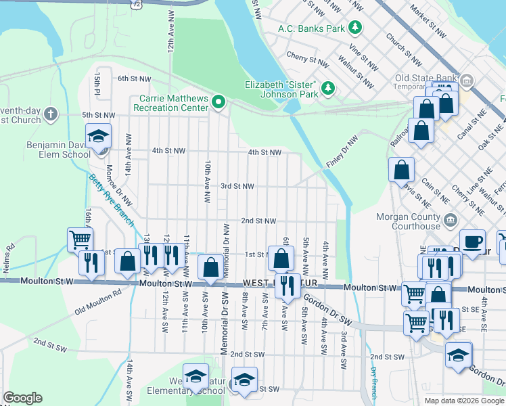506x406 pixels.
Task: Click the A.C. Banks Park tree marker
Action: tap(354, 28)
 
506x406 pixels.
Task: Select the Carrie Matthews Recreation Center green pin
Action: tap(218, 103)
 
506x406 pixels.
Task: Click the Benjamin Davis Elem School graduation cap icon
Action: tap(98, 136)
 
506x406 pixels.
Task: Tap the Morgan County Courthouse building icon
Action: tap(449, 220)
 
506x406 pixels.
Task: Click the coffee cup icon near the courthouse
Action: tap(472, 242)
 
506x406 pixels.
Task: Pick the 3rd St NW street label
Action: tap(237, 186)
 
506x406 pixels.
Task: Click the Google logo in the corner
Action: tap(22, 398)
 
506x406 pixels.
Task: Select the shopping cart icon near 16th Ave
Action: tap(80, 240)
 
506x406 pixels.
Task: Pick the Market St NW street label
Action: tap(429, 23)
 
